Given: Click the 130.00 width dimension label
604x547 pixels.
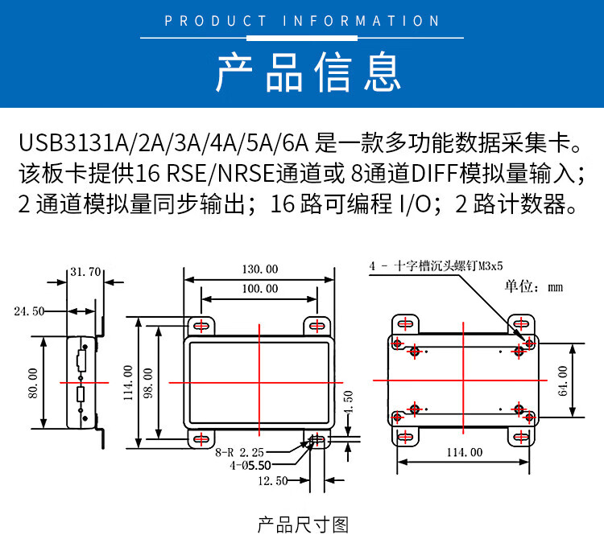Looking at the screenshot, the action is [x=260, y=269].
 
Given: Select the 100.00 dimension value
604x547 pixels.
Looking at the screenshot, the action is [x=260, y=289].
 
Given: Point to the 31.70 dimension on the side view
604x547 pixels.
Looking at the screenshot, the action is [x=85, y=272].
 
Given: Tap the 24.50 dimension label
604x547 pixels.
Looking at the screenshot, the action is [x=29, y=311].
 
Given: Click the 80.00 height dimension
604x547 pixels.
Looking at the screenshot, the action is [x=33, y=383].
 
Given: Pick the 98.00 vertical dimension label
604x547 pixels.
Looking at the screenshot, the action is [x=148, y=383].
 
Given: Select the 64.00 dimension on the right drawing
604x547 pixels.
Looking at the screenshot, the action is [x=562, y=380].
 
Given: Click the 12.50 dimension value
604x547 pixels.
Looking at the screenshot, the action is [x=273, y=480].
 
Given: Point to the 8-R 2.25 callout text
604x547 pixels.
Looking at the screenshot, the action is [x=240, y=452].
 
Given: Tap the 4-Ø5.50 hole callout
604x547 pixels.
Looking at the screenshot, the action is [x=250, y=466].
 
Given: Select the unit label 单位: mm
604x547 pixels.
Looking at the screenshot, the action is [x=534, y=286].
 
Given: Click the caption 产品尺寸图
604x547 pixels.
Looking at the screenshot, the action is [x=303, y=525].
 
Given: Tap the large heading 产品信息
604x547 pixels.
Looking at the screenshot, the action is [x=308, y=72].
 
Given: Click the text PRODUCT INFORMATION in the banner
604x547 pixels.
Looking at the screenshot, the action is [x=302, y=21].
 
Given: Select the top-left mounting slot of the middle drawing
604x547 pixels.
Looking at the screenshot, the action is [x=201, y=327].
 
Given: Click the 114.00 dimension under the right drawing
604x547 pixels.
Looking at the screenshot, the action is [x=465, y=452].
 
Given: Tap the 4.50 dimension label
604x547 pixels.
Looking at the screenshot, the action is [x=348, y=402].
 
